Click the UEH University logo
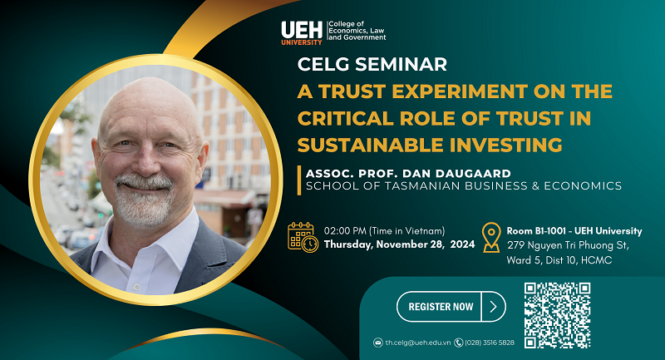tap(302, 33)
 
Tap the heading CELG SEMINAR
tap(372, 65)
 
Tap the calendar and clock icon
tap(303, 237)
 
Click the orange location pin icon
tap(491, 238)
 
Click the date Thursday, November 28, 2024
tap(399, 244)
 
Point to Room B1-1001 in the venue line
tap(536, 231)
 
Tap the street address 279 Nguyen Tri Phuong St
tap(568, 245)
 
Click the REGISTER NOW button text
tap(441, 307)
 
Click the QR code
tap(557, 315)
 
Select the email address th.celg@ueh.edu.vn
tap(418, 343)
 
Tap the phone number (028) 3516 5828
tap(490, 343)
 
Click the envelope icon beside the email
tap(378, 343)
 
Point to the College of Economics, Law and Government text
tap(357, 31)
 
